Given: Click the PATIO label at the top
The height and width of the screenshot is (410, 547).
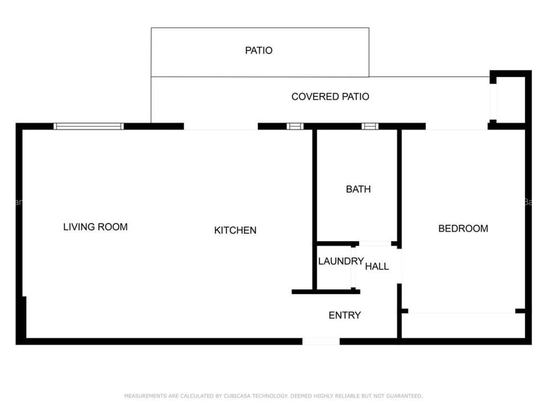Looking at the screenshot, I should (258, 50).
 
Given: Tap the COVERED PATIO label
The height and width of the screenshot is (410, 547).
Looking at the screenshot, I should (330, 97).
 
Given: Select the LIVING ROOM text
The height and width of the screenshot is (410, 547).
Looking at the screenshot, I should (95, 226).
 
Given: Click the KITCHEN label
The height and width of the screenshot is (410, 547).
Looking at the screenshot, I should (235, 231).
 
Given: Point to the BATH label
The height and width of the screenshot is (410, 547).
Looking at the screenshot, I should (358, 189).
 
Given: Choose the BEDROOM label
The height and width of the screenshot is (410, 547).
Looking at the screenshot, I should (463, 228).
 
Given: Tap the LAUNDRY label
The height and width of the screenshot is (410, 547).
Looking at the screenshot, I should (341, 261).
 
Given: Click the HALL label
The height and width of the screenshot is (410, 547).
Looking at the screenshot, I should (377, 266).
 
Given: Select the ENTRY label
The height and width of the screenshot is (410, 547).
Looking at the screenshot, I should (345, 315).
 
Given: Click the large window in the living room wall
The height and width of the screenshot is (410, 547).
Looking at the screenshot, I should (88, 126).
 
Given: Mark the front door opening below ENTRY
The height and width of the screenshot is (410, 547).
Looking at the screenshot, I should (321, 341).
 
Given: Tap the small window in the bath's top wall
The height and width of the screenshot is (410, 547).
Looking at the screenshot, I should (370, 126).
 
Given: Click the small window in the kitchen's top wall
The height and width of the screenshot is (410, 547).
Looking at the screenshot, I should (295, 126).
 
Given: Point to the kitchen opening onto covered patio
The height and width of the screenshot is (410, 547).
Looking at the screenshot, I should (221, 127).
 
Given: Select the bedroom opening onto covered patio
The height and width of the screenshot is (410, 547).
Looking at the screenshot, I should (456, 127).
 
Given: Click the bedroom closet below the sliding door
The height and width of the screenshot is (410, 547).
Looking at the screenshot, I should (463, 326).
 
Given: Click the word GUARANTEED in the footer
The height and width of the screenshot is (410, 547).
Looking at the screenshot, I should (404, 396).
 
